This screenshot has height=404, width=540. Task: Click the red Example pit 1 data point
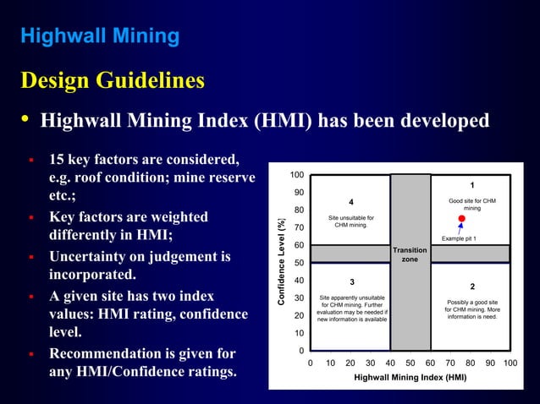(x=461, y=219)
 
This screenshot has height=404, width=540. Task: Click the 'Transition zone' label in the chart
(x=410, y=254)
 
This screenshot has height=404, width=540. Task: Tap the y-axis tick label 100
(x=296, y=175)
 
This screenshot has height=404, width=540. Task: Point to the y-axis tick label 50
(x=299, y=263)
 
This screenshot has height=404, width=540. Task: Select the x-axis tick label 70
(x=450, y=363)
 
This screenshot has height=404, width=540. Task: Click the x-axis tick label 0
(x=310, y=363)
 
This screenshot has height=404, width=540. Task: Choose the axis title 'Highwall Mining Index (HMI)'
(x=410, y=378)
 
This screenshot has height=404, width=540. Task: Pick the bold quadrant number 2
(x=472, y=287)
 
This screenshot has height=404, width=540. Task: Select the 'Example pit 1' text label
(x=460, y=239)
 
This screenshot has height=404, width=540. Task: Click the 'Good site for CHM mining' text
(x=472, y=204)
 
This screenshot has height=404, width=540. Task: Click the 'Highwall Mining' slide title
(x=99, y=36)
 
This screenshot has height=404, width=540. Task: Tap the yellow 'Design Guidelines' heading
(x=112, y=81)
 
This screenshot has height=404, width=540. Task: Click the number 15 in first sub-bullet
(x=58, y=160)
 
